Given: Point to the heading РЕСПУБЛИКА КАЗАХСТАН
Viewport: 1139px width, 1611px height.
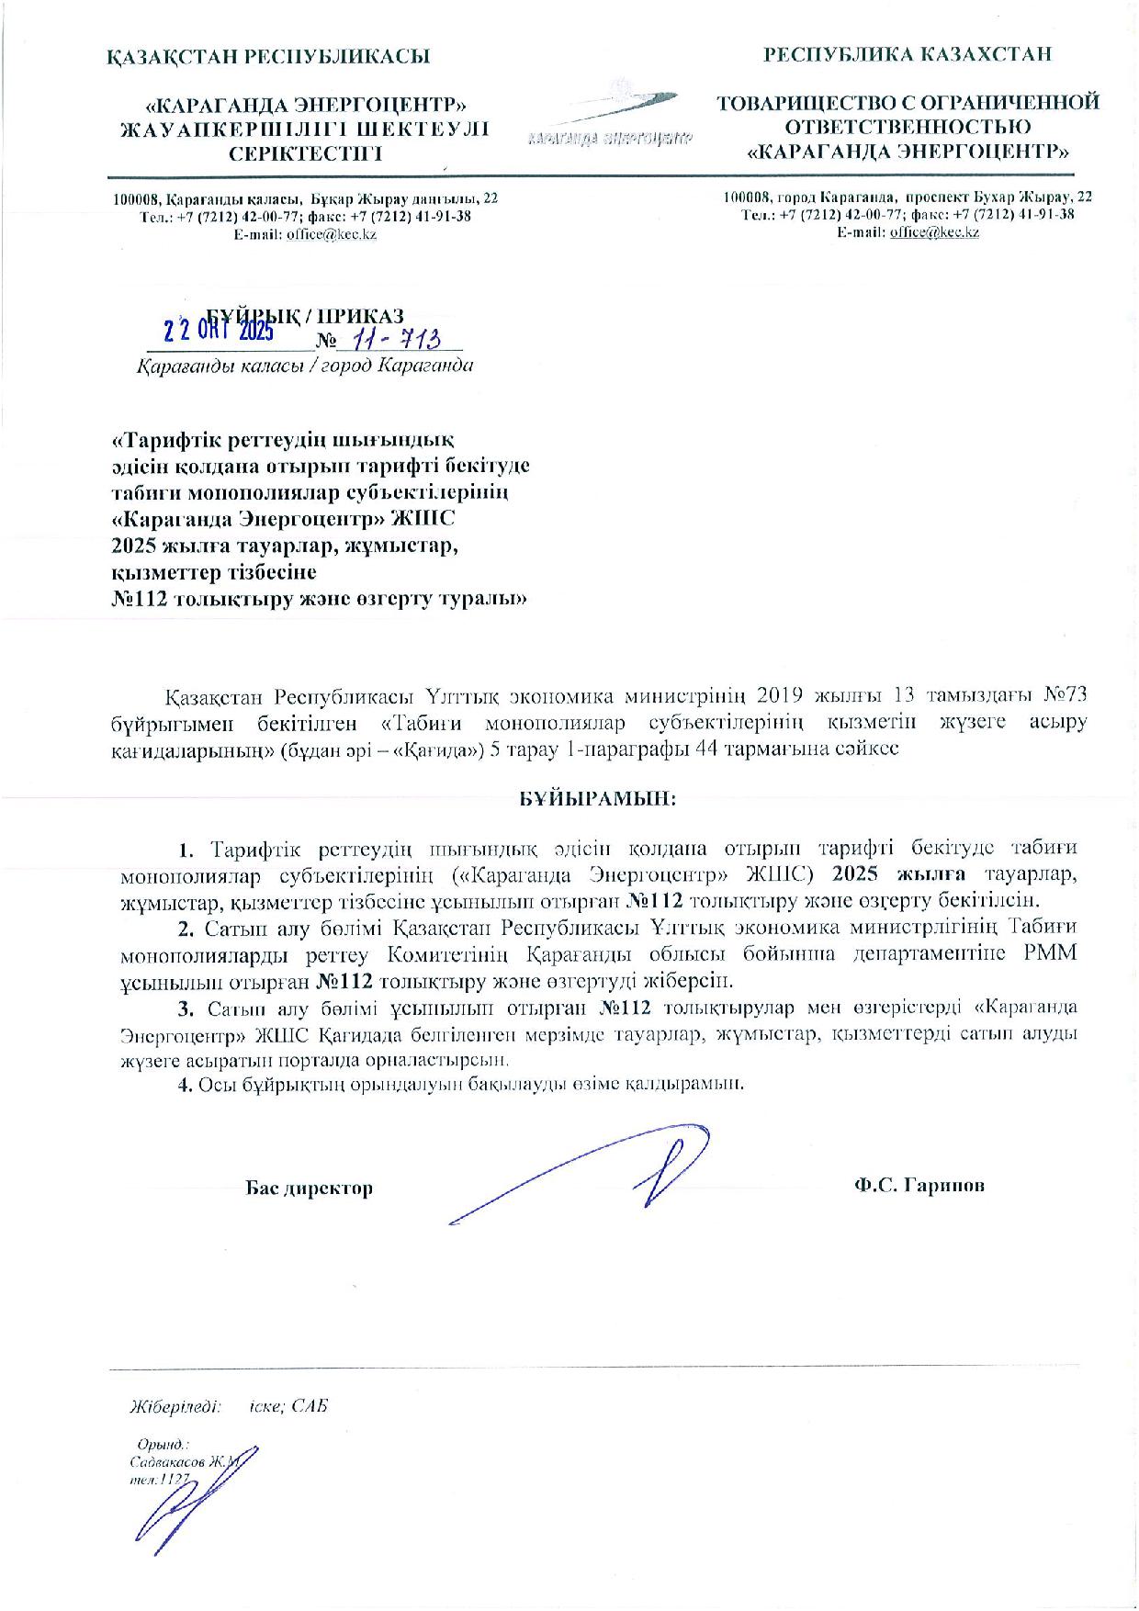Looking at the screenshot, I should tap(908, 55).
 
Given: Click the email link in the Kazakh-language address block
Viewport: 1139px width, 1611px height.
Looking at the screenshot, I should tap(332, 234).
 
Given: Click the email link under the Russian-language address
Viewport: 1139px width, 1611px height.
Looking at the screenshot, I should tap(934, 232).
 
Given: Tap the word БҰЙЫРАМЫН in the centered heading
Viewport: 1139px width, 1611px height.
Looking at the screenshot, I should tap(592, 797).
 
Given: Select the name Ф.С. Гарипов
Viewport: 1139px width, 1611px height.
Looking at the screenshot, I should tap(919, 1185).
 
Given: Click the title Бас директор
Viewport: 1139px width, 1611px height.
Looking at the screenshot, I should tap(310, 1189).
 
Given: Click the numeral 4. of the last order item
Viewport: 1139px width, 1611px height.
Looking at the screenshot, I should tap(184, 1084).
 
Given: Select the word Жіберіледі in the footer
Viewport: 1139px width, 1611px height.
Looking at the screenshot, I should tap(175, 1406).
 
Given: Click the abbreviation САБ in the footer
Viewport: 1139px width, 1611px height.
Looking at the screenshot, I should tap(311, 1406).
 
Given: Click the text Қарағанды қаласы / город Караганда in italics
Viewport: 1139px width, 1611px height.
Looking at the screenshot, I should tap(305, 366).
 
